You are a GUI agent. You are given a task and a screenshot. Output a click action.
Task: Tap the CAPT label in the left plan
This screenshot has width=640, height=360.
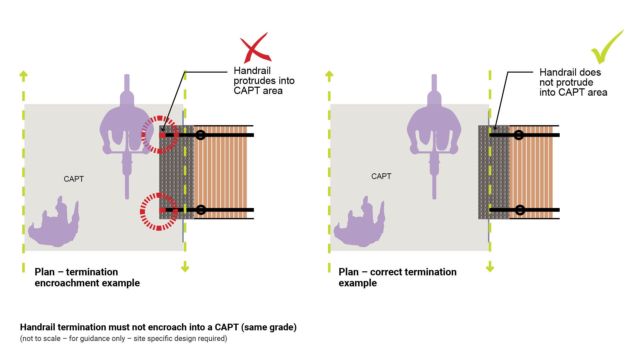click(74, 179)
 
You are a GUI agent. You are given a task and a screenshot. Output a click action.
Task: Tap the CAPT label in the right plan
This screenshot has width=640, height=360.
click(381, 176)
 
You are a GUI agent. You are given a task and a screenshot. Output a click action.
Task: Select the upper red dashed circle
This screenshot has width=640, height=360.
click(160, 134)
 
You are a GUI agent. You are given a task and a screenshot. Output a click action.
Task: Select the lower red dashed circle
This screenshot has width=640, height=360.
click(159, 211)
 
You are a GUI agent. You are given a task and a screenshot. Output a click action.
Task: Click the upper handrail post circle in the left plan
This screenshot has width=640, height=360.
click(200, 135)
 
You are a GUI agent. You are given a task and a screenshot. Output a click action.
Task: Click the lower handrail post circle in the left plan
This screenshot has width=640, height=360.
click(201, 210)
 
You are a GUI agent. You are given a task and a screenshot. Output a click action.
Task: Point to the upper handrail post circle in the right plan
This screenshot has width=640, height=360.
click(519, 135)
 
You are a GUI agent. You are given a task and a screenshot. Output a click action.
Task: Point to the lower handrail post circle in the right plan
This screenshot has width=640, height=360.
click(520, 210)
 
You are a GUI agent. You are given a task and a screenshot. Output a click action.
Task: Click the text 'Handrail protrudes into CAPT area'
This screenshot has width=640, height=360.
click(264, 81)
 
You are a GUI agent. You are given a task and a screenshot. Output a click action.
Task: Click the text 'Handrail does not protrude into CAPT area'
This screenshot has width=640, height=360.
click(573, 82)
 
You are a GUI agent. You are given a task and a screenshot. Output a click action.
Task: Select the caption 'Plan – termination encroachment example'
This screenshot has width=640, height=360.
click(87, 277)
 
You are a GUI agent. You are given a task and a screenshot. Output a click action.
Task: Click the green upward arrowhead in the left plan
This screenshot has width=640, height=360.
click(23, 75)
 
